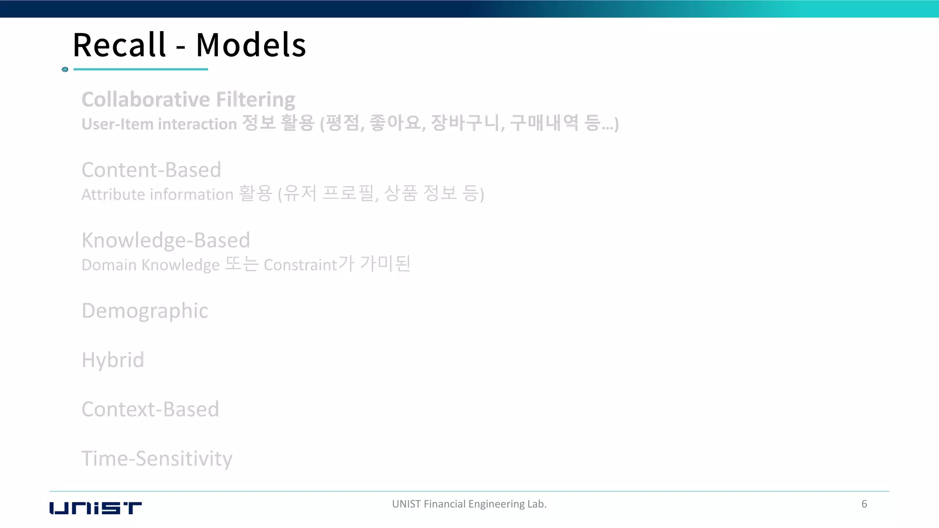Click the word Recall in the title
click(x=119, y=45)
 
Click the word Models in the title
click(x=251, y=45)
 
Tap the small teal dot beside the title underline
click(x=65, y=69)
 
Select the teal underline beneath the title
click(x=141, y=69)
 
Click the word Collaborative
click(x=146, y=99)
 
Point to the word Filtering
click(x=255, y=100)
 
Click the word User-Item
click(x=117, y=124)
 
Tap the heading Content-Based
click(x=151, y=170)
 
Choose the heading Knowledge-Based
click(x=166, y=241)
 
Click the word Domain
click(x=109, y=265)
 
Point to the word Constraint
click(x=300, y=265)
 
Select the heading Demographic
click(x=145, y=311)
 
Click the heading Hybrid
click(x=113, y=360)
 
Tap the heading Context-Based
click(x=150, y=409)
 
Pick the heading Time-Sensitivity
click(x=157, y=459)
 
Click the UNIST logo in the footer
click(x=95, y=508)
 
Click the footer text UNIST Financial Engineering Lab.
click(x=469, y=504)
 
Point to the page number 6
click(x=864, y=504)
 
